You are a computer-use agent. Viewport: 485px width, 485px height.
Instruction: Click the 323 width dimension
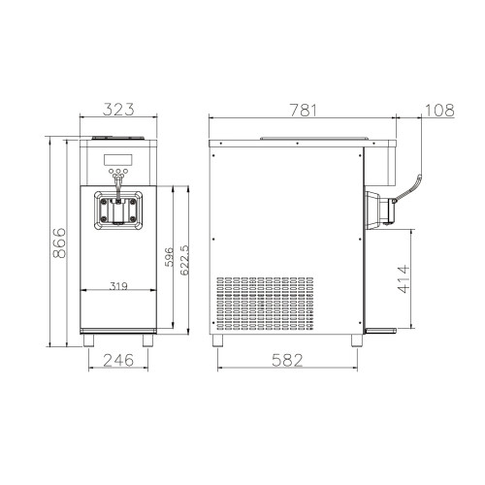tap(118, 110)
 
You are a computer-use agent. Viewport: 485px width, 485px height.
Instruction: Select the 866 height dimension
tap(59, 242)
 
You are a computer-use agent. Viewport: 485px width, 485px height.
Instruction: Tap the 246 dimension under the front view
tap(118, 360)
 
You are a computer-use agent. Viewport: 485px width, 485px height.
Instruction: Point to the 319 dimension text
tap(118, 286)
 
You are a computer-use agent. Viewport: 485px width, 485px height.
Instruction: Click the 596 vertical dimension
tap(169, 257)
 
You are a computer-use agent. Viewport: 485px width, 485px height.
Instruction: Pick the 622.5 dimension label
tap(184, 260)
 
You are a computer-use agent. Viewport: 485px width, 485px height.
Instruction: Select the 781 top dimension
tap(304, 110)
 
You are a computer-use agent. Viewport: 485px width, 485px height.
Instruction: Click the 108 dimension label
tap(439, 111)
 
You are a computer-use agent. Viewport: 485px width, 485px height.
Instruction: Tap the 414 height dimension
tap(404, 279)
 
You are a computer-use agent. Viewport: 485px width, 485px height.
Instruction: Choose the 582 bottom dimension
tap(287, 360)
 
